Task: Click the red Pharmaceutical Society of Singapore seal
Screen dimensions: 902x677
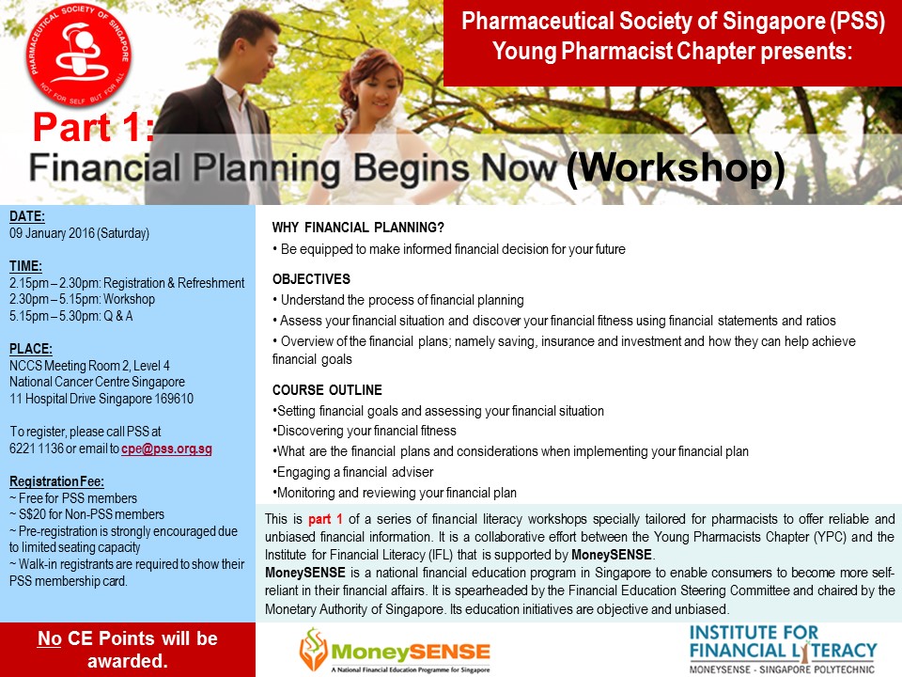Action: point(79,55)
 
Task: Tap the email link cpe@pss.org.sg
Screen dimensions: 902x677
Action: point(166,449)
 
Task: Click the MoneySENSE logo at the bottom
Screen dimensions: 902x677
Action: point(395,651)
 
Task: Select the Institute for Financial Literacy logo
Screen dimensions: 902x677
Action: point(783,650)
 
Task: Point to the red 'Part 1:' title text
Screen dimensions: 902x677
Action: point(93,127)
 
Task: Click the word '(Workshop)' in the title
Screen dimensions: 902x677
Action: point(676,168)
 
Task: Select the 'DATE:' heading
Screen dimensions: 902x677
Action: point(27,216)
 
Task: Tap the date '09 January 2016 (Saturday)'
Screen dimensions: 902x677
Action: point(79,233)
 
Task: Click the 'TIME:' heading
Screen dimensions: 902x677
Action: point(26,266)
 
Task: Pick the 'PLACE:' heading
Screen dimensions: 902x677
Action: point(31,349)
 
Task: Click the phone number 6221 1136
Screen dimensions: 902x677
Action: point(37,449)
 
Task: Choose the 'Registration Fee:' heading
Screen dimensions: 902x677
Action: point(57,481)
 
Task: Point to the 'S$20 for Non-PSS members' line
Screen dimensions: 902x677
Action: point(86,514)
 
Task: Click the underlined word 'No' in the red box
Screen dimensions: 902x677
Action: point(50,638)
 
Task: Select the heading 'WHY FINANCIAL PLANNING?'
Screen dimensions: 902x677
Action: point(358,228)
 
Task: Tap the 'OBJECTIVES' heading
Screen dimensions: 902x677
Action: point(311,279)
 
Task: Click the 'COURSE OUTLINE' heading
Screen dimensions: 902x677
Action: point(327,389)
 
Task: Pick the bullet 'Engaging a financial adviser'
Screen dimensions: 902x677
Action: point(352,472)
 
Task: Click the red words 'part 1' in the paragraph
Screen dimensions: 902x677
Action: point(325,519)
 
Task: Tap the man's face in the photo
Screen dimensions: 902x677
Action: point(254,53)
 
